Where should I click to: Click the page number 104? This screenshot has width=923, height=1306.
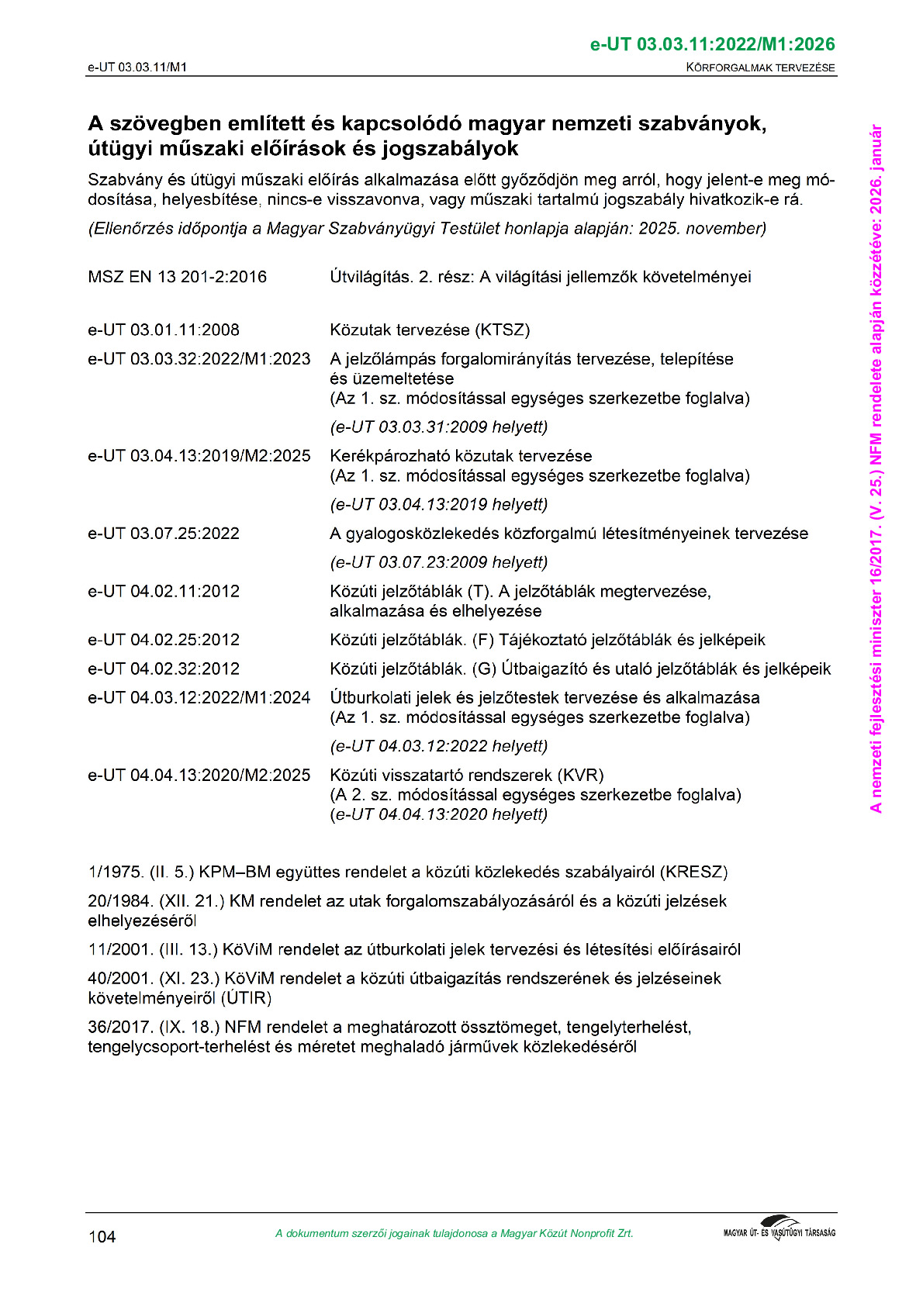pyautogui.click(x=102, y=1237)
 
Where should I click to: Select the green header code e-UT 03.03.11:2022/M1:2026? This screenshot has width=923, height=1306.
pyautogui.click(x=712, y=44)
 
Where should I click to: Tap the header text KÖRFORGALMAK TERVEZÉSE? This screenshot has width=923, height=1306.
pyautogui.click(x=760, y=67)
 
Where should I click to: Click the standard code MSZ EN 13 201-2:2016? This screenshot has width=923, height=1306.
pyautogui.click(x=177, y=277)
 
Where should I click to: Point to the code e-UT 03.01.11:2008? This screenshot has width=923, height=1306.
pyautogui.click(x=164, y=330)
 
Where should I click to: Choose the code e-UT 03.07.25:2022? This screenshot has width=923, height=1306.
pyautogui.click(x=164, y=534)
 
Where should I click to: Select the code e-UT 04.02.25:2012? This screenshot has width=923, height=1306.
pyautogui.click(x=164, y=640)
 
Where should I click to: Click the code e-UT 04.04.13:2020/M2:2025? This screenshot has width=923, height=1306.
pyautogui.click(x=199, y=775)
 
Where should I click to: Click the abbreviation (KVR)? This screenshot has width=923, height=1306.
pyautogui.click(x=580, y=775)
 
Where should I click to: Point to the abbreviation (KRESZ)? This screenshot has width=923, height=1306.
pyautogui.click(x=693, y=872)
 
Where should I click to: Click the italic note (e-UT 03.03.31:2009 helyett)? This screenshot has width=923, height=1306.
pyautogui.click(x=439, y=427)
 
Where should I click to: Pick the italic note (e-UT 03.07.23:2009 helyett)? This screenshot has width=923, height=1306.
pyautogui.click(x=439, y=562)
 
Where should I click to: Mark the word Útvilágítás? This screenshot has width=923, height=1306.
pyautogui.click(x=371, y=277)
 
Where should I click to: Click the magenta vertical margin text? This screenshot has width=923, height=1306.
pyautogui.click(x=876, y=468)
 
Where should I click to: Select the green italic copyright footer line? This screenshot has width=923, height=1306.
pyautogui.click(x=454, y=1234)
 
